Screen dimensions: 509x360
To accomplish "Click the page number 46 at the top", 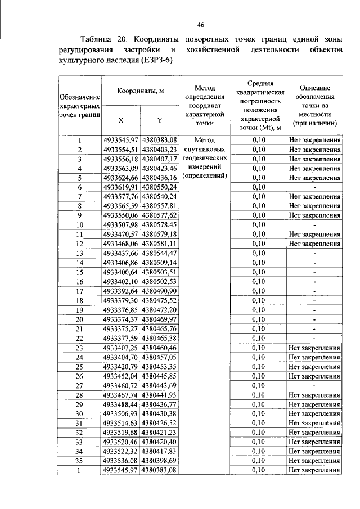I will click(200, 24).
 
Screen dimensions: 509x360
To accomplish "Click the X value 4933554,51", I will click(120, 150).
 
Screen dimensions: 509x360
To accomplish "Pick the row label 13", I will click(80, 253).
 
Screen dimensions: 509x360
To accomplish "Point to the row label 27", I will click(80, 385).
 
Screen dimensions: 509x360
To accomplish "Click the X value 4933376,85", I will click(120, 310).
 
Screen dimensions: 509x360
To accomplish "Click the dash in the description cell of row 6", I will click(314, 187).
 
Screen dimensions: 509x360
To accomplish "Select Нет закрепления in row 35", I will click(314, 461).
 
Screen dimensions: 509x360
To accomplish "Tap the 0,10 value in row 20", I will click(259, 319).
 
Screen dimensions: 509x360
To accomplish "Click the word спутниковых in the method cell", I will click(205, 150).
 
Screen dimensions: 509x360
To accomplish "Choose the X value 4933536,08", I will click(120, 461).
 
